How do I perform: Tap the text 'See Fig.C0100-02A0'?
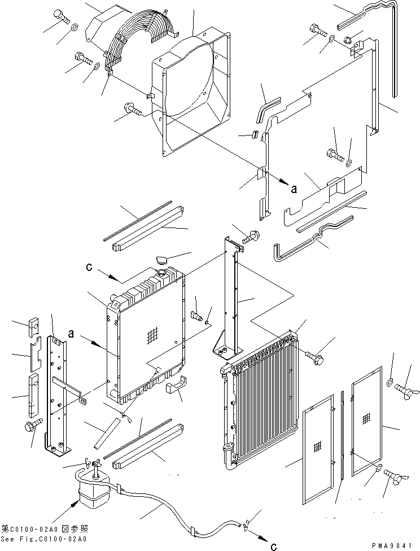(44, 539)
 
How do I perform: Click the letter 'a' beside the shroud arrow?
(293, 190)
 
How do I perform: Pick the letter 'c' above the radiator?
(89, 267)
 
